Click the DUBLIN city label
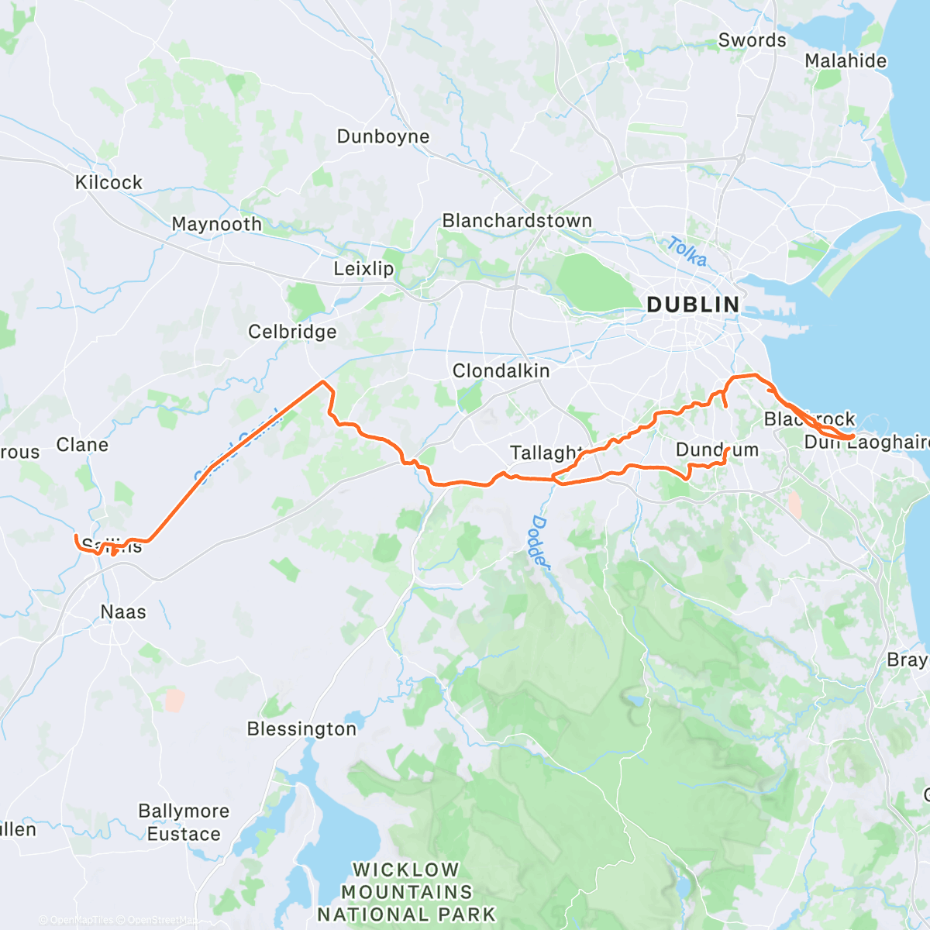[x=693, y=305]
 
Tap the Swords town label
[x=752, y=40]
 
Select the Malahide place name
[x=846, y=60]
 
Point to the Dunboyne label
[x=383, y=136]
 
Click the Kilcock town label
[x=108, y=182]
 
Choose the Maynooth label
[x=216, y=224]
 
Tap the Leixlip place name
[x=363, y=269]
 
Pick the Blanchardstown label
[x=517, y=221]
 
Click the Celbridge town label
[x=292, y=332]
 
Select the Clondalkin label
[x=501, y=370]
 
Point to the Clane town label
[x=82, y=445]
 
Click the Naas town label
[x=123, y=611]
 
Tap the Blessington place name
[x=301, y=729]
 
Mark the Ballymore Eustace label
[x=184, y=822]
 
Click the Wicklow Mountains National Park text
[x=406, y=892]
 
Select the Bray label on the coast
[x=907, y=660]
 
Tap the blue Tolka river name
[x=687, y=252]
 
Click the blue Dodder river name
[x=540, y=542]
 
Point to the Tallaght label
[x=546, y=453]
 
